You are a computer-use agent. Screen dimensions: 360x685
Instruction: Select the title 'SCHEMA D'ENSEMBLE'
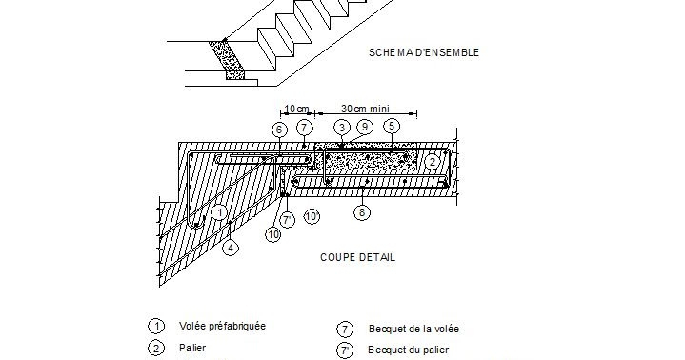pyautogui.click(x=423, y=52)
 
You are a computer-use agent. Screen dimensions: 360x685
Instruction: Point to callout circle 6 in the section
pyautogui.click(x=279, y=129)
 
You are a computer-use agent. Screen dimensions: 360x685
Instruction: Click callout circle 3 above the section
pyautogui.click(x=340, y=127)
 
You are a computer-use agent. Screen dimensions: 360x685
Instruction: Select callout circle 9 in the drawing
pyautogui.click(x=364, y=127)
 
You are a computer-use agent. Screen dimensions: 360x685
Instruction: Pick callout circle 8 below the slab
pyautogui.click(x=361, y=213)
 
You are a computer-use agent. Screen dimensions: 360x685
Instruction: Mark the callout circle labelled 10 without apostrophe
pyautogui.click(x=273, y=232)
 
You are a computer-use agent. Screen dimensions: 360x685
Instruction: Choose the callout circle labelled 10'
pyautogui.click(x=311, y=215)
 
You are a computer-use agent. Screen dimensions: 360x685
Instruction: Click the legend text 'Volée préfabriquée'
pyautogui.click(x=222, y=326)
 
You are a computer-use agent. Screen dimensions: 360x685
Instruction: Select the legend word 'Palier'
pyautogui.click(x=192, y=349)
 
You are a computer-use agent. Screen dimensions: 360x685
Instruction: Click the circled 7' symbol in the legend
pyautogui.click(x=345, y=349)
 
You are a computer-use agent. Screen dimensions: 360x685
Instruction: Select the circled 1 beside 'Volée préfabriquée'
pyautogui.click(x=154, y=326)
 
